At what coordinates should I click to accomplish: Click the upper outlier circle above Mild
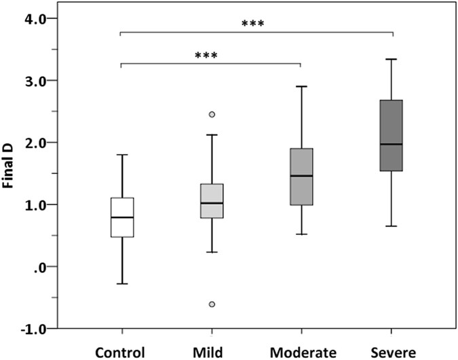pyautogui.click(x=212, y=114)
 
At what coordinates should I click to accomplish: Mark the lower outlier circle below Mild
pyautogui.click(x=212, y=304)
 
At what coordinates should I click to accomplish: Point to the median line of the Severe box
pyautogui.click(x=391, y=144)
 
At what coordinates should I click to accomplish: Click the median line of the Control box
pyautogui.click(x=122, y=217)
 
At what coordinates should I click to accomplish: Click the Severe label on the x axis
pyautogui.click(x=391, y=352)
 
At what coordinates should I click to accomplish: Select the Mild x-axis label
pyautogui.click(x=212, y=352)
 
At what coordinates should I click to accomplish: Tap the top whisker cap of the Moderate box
pyautogui.click(x=301, y=86)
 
